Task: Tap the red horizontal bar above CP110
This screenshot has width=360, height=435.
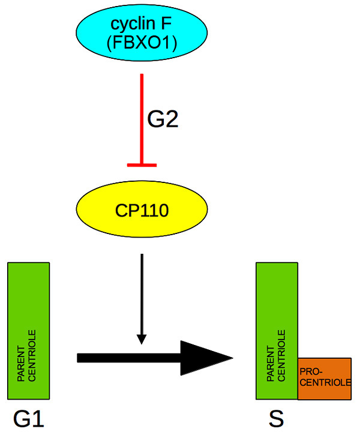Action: click(142, 164)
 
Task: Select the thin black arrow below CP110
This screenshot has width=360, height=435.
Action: click(142, 294)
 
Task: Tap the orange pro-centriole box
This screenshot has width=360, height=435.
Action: click(324, 378)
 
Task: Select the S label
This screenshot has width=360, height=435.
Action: click(276, 418)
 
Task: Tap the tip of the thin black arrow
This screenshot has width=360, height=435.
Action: click(142, 343)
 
